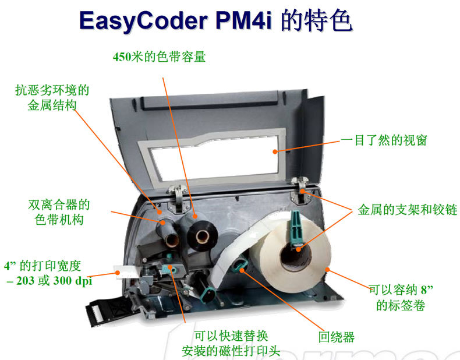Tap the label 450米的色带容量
[x=159, y=57]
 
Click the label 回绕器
[x=337, y=337]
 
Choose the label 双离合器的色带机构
[x=59, y=212]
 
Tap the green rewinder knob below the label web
[x=239, y=267]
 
